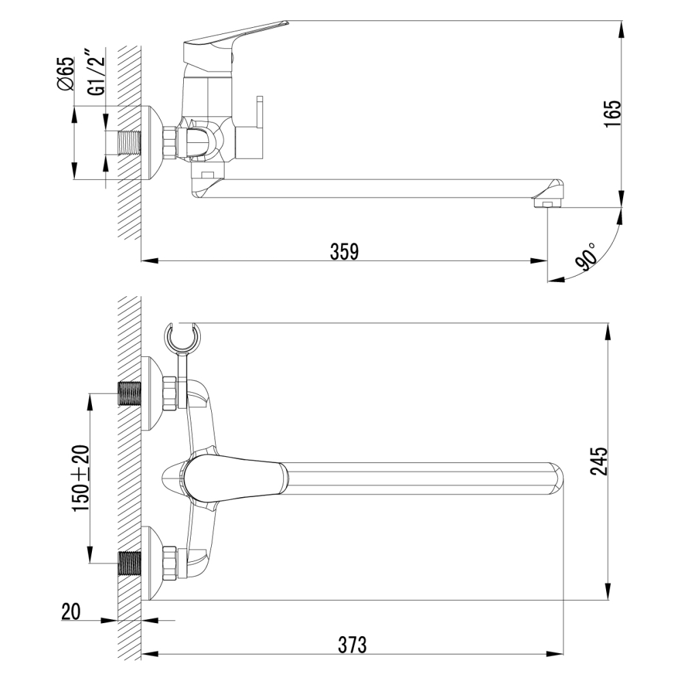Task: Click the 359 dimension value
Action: pos(345,251)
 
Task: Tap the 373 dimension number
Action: pos(352,644)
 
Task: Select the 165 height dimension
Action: pos(613,114)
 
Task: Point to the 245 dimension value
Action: pos(599,461)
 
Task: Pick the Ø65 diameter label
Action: pos(65,74)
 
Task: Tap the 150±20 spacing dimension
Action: pos(81,478)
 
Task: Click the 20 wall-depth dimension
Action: pos(71,612)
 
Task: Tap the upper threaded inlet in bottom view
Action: pos(130,393)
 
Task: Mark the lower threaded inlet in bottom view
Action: pos(130,563)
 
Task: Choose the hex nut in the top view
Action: pos(170,142)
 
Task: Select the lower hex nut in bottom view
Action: pos(170,563)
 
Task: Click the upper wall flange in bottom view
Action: pos(153,393)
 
